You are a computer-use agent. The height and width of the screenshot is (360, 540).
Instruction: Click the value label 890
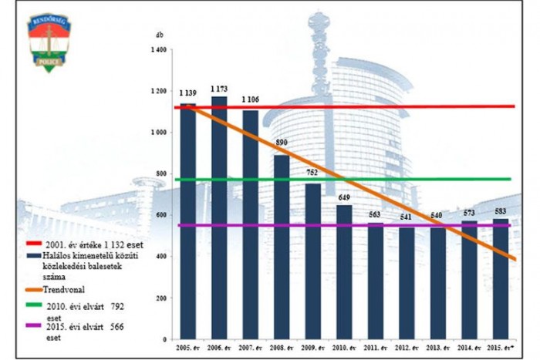(x=281, y=143)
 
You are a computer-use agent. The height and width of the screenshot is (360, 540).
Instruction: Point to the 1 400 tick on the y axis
(x=158, y=50)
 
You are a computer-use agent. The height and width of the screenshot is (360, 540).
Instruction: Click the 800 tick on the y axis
(x=160, y=174)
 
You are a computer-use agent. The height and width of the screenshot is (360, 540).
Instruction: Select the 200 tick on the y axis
(x=160, y=298)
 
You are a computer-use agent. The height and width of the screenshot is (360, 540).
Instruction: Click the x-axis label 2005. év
(x=187, y=349)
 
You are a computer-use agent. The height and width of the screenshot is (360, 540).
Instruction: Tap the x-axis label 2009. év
(x=312, y=349)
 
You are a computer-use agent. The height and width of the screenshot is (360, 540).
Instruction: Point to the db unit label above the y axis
(x=159, y=35)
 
